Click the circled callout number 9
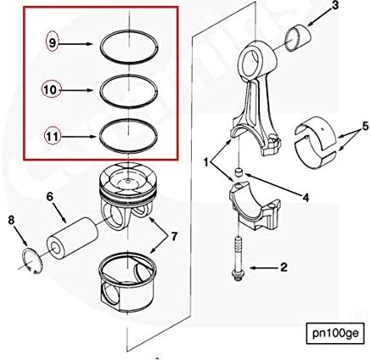(52, 43)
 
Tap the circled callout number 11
(53, 137)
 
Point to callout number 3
(334, 6)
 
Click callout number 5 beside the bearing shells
(365, 126)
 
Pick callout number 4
(306, 198)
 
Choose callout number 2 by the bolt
(284, 267)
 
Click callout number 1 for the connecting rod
(206, 163)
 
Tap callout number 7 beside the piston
(173, 236)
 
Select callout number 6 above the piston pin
(50, 196)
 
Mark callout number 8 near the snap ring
(11, 220)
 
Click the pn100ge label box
(335, 333)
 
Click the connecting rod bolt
(238, 258)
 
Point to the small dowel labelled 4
(240, 172)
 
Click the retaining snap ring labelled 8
(32, 261)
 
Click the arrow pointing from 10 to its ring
(77, 90)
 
